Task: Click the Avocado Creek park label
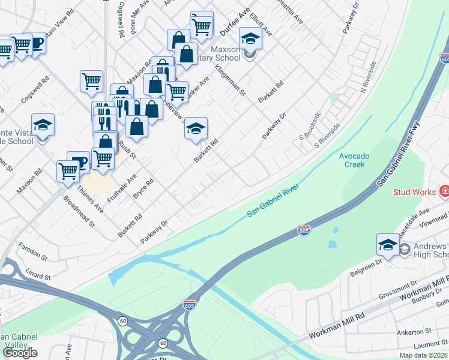354,160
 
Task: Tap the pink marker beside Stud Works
444,192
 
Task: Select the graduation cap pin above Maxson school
251,38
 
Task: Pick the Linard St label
39,277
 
